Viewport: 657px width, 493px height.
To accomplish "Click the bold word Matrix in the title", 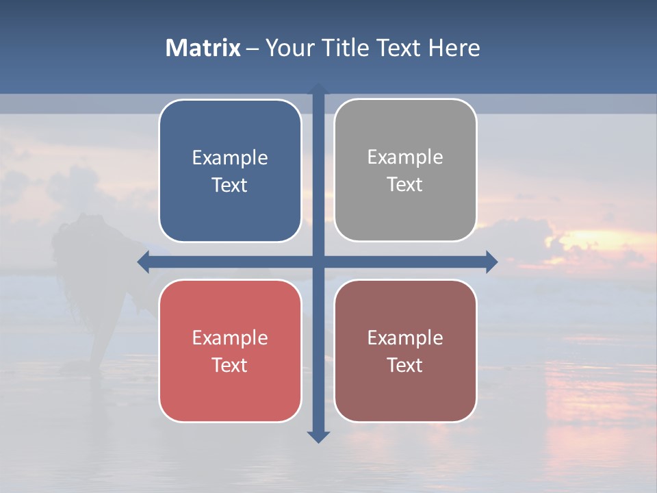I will tap(203, 48).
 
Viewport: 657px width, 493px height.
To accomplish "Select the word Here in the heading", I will tap(454, 48).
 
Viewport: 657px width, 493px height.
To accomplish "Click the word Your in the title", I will tap(287, 48).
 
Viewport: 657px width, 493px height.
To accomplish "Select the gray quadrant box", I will tap(405, 212).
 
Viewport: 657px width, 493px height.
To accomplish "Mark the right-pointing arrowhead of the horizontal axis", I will tap(491, 262).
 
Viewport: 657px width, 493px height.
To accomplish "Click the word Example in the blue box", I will tap(230, 158).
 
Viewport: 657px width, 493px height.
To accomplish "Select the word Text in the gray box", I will tap(405, 185).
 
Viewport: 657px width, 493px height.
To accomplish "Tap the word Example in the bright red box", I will tap(230, 338).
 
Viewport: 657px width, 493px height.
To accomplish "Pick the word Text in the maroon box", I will tap(405, 365).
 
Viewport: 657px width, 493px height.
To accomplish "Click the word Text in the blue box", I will tap(230, 186).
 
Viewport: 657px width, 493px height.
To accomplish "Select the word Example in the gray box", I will tap(405, 157).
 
